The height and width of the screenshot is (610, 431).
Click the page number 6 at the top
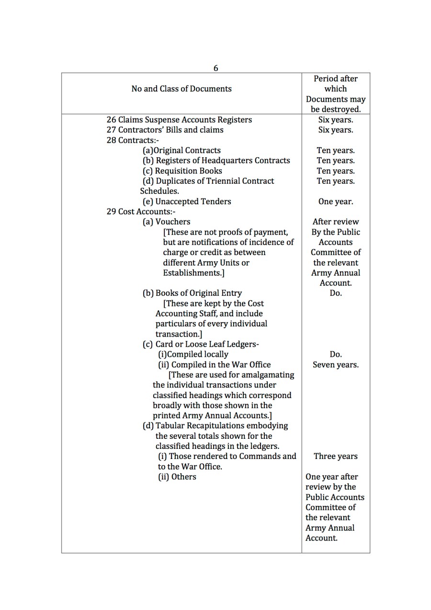pyautogui.click(x=215, y=68)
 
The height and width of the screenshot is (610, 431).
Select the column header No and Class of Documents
pyautogui.click(x=181, y=89)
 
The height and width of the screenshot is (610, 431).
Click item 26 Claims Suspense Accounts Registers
pyautogui.click(x=179, y=119)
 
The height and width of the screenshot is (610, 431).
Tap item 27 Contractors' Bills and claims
pyautogui.click(x=165, y=130)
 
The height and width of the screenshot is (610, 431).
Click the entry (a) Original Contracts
pyautogui.click(x=182, y=151)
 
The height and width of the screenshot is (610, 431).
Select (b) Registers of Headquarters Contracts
pyautogui.click(x=216, y=161)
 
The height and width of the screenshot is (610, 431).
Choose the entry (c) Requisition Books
pyautogui.click(x=182, y=171)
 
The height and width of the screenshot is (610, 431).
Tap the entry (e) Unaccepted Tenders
pyautogui.click(x=187, y=201)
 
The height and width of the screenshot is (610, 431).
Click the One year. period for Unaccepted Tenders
pyautogui.click(x=336, y=201)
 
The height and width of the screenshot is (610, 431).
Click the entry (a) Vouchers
pyautogui.click(x=166, y=222)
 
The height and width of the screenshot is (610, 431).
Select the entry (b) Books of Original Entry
pyautogui.click(x=192, y=293)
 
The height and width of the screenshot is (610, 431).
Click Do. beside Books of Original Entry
pyautogui.click(x=336, y=293)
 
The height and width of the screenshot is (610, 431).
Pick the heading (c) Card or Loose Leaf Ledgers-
pyautogui.click(x=201, y=344)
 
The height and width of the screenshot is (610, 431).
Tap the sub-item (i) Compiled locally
pyautogui.click(x=193, y=354)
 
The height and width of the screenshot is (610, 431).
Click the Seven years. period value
pyautogui.click(x=336, y=365)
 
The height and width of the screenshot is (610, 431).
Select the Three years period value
pyautogui.click(x=336, y=457)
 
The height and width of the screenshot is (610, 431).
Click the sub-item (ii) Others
pyautogui.click(x=177, y=477)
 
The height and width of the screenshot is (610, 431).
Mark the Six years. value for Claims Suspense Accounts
pyautogui.click(x=336, y=120)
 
